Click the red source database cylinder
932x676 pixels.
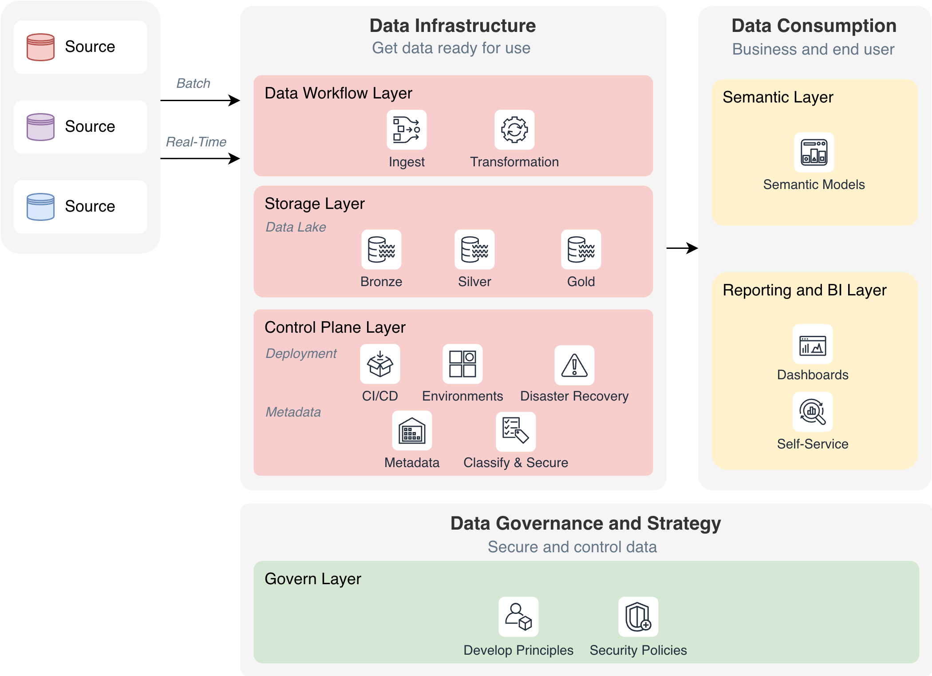point(40,47)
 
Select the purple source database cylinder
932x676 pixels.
point(40,127)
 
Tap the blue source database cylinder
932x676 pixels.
point(40,207)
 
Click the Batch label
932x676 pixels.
point(193,83)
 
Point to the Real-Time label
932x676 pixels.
point(196,142)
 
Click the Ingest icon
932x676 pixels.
point(407,130)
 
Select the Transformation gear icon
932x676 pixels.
point(514,130)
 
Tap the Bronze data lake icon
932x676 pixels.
point(381,249)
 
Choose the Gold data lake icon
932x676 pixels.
point(581,249)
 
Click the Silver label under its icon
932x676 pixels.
point(474,282)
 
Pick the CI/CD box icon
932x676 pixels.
point(380,364)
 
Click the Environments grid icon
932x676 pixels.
point(462,364)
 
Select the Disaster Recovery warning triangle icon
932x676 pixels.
point(574,365)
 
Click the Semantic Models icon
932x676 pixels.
point(814,152)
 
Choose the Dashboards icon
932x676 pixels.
point(813,345)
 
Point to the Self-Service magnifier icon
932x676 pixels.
point(813,412)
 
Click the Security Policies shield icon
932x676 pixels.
point(638,617)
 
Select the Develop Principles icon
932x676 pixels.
point(518,617)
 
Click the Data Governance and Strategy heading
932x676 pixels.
point(585,523)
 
